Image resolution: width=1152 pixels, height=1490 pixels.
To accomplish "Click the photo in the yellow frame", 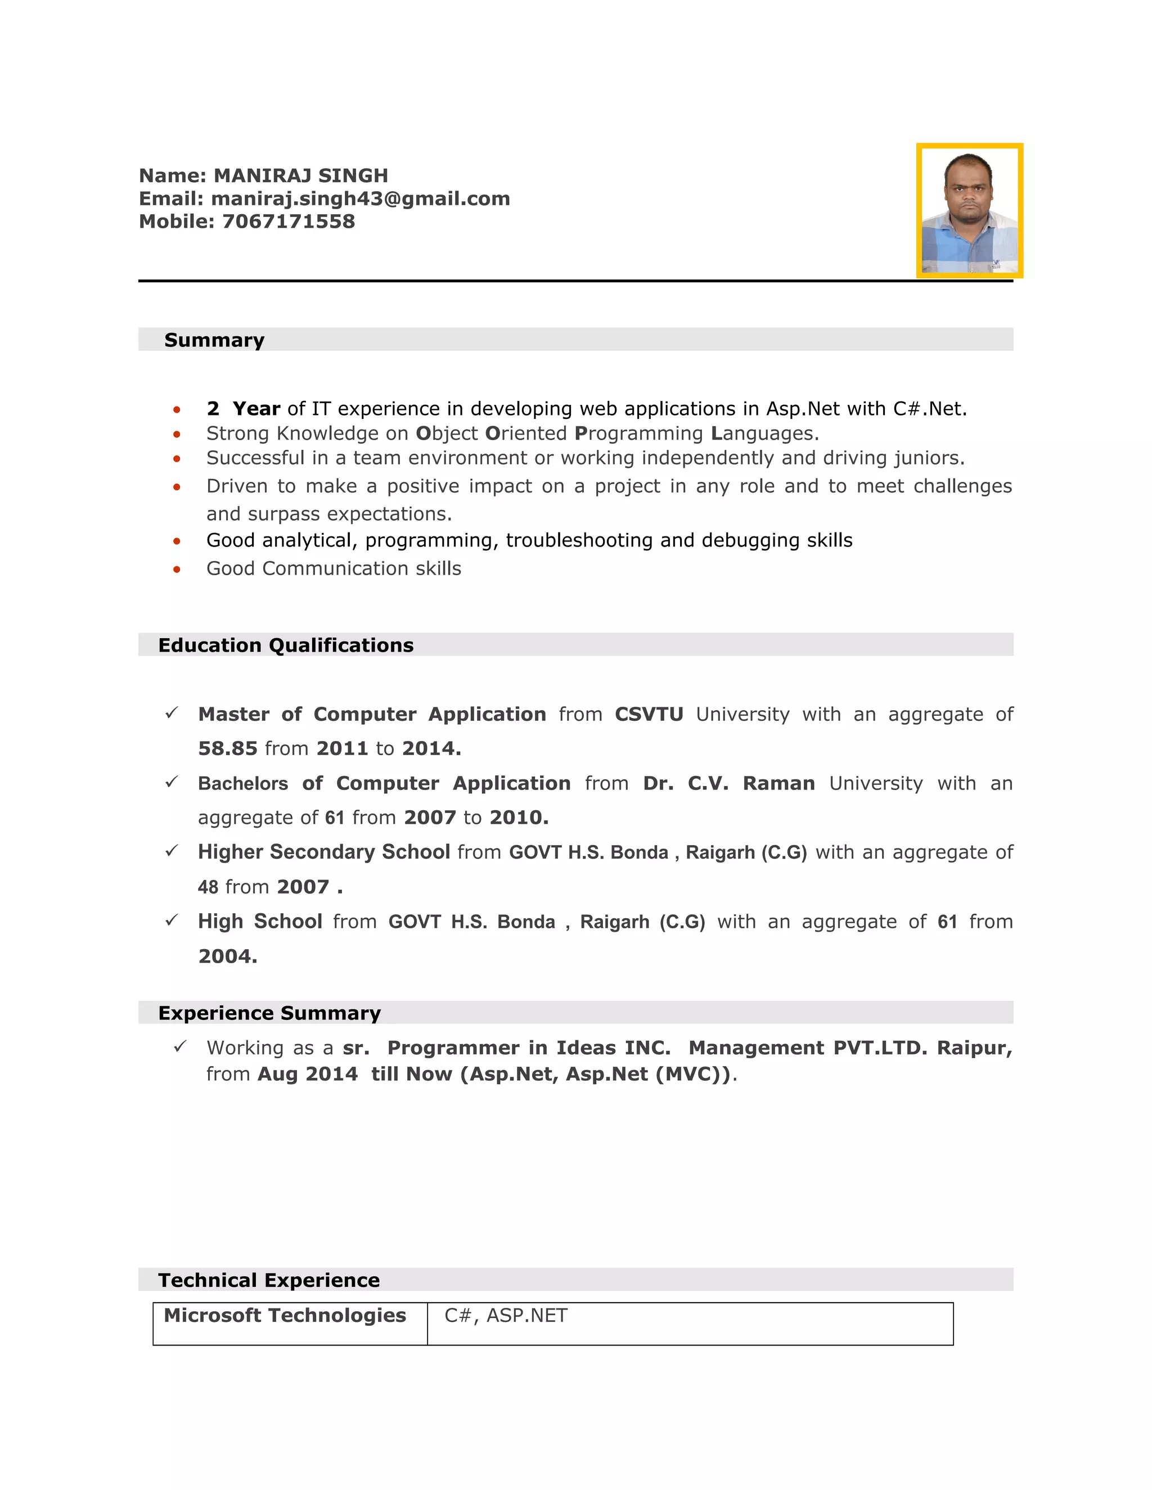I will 969,211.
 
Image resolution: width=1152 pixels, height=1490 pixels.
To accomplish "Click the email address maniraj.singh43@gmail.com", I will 361,198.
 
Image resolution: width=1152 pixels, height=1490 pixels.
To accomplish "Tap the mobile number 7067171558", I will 288,222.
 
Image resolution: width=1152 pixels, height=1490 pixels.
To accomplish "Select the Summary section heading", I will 214,340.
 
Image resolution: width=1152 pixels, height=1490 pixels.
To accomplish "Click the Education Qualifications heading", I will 286,645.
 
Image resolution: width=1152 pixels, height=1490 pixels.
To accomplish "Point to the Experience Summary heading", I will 269,1013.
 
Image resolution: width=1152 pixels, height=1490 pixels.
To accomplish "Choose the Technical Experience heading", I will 269,1280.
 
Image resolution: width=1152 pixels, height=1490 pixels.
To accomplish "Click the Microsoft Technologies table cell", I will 285,1315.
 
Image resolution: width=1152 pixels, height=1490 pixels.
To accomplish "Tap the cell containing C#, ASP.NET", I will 506,1315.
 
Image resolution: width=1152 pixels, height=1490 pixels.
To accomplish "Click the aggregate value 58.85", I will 227,748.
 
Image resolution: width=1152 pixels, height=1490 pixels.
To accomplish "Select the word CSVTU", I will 649,714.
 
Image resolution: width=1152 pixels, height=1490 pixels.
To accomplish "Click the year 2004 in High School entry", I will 227,956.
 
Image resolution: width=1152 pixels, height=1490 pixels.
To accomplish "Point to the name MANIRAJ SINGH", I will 301,176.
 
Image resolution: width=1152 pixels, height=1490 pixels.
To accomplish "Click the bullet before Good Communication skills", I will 177,569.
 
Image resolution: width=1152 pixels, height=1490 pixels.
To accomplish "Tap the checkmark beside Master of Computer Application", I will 172,713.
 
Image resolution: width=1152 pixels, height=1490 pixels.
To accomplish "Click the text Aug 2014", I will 307,1074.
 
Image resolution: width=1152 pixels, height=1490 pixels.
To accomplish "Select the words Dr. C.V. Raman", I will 728,783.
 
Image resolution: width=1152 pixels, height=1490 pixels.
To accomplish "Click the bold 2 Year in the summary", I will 243,409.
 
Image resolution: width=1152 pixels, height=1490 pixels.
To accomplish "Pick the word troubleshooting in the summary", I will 579,540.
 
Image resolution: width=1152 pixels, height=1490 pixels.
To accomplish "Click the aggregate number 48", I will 208,887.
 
